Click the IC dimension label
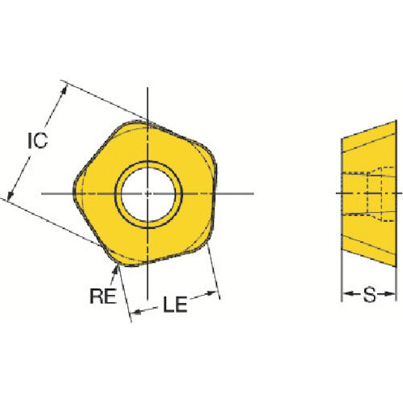coord(38,140)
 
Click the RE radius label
coord(103,296)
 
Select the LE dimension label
coord(175,305)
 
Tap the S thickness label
coord(369,294)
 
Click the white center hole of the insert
coord(148,194)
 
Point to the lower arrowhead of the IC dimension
coord(10,195)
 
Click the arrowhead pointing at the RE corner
coord(115,269)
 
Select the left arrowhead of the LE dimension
coord(136,312)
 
